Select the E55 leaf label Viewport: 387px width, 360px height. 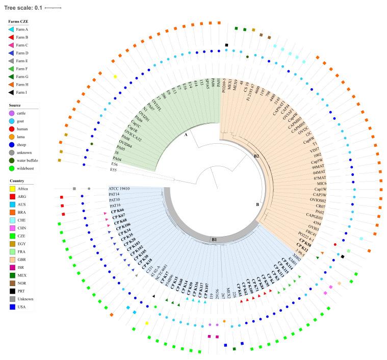point(117,169)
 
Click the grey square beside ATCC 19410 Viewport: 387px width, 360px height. point(74,189)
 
